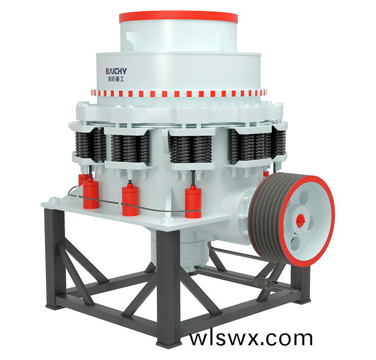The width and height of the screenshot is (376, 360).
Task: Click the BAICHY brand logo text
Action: tap(116, 71)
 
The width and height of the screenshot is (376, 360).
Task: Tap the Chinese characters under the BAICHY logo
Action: tap(116, 79)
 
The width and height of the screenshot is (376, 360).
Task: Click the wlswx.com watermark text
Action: tap(251, 338)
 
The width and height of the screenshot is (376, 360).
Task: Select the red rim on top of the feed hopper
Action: tap(179, 17)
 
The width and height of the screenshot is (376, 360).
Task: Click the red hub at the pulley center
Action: tap(300, 220)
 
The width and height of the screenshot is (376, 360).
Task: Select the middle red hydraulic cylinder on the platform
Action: tap(130, 201)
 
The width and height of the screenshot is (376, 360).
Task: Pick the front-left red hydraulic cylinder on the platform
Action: tap(91, 194)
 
